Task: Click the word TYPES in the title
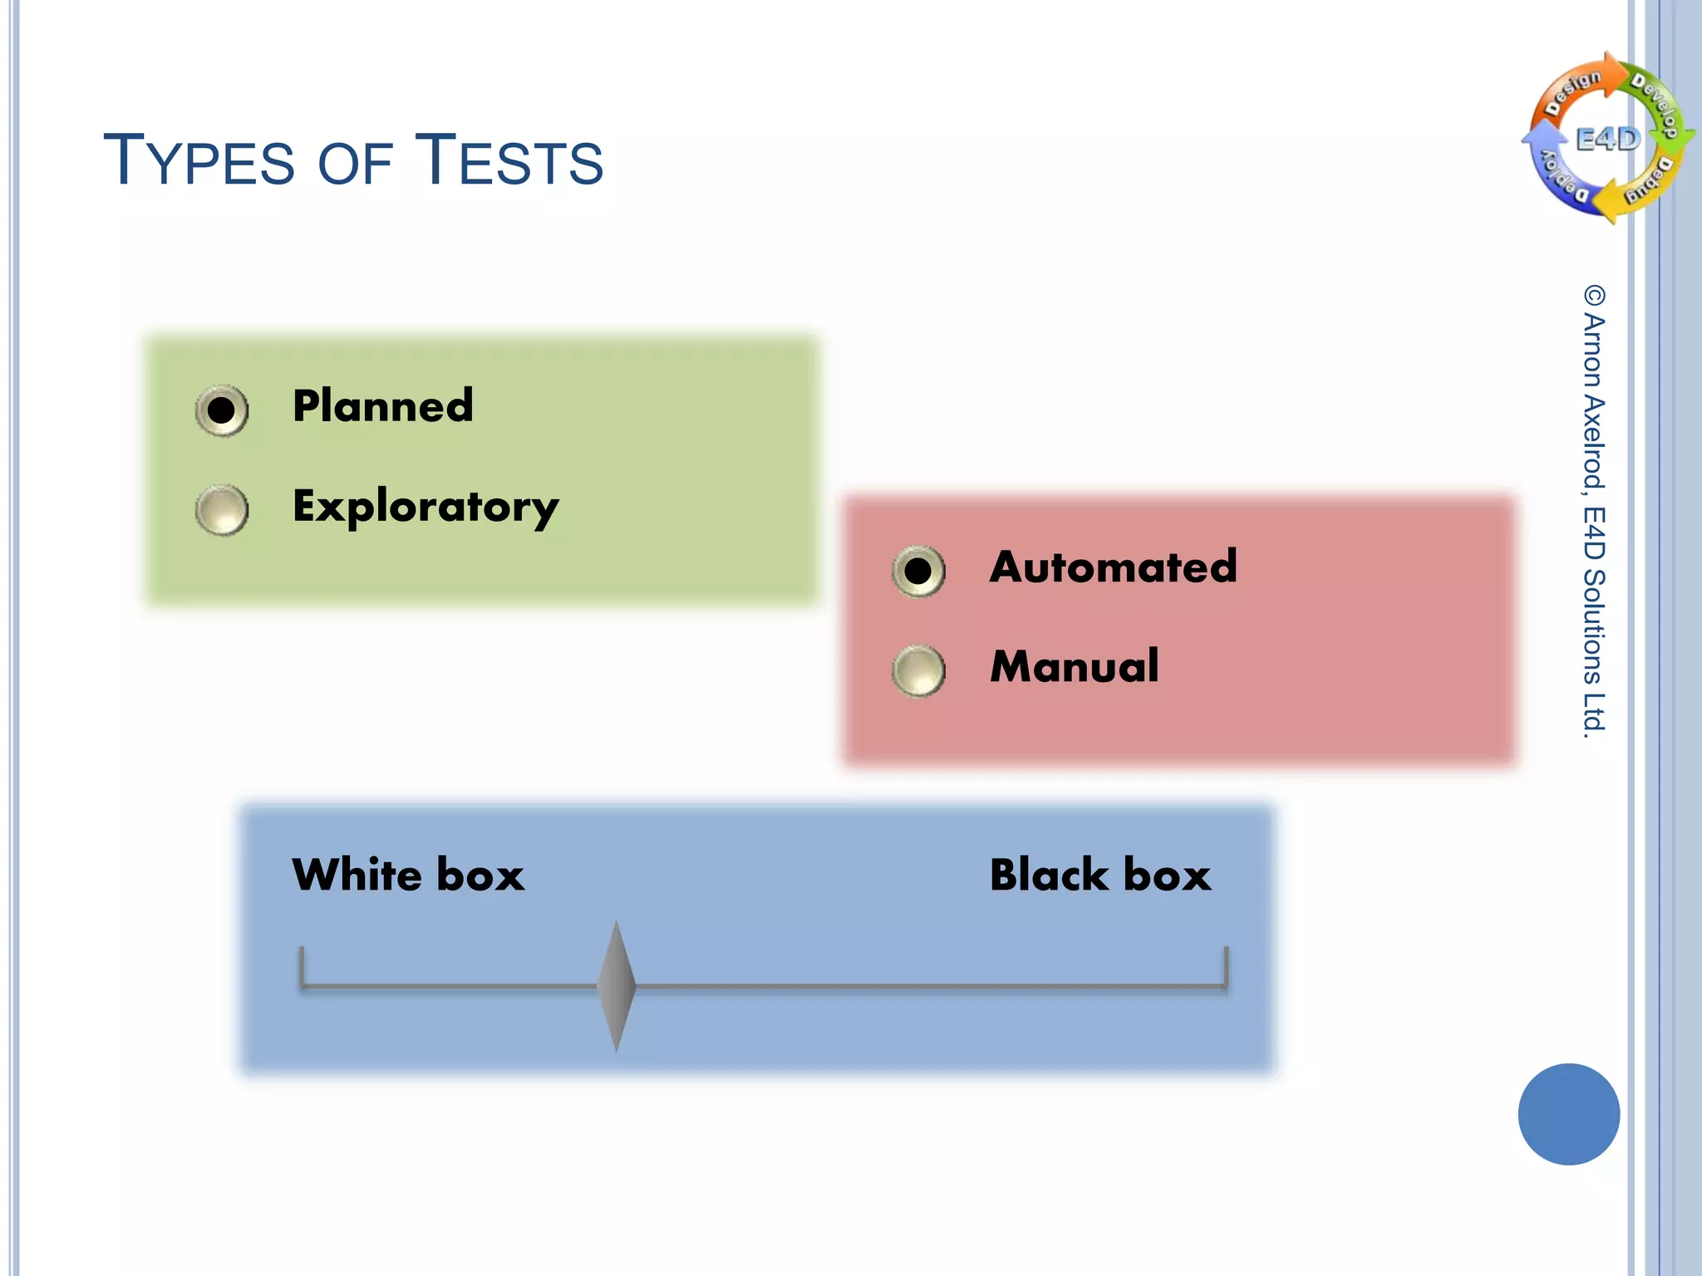199,159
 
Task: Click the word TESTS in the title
509,159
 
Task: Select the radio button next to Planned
221,410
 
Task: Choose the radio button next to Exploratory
221,509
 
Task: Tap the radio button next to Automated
918,571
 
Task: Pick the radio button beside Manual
918,670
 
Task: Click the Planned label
382,406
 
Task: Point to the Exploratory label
425,507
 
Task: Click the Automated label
1114,567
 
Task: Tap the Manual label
1075,666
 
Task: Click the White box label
408,876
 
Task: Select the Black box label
1100,876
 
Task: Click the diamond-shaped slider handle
617,986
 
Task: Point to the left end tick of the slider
302,967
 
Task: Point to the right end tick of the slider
1226,967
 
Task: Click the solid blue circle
1568,1114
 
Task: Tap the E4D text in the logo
1608,139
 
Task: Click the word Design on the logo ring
1572,91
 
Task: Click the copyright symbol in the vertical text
1594,296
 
